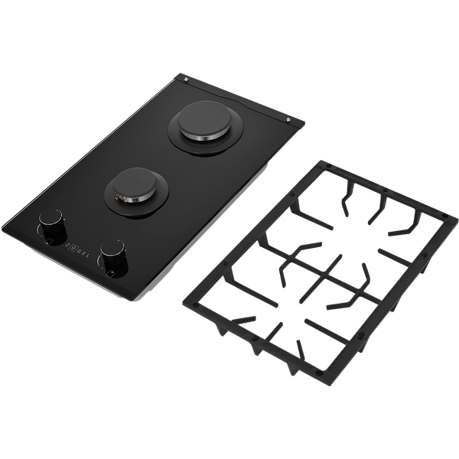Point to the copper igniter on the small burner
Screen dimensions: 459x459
tap(117, 198)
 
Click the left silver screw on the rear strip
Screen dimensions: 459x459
tap(186, 79)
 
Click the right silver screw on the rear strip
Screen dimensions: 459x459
tap(288, 120)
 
